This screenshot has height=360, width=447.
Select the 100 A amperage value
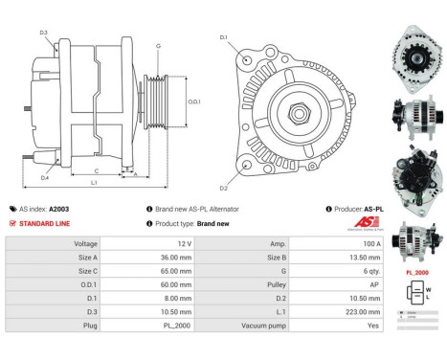[x=361, y=244]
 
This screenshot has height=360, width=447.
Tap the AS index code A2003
[x=58, y=209]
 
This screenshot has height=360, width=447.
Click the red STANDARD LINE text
[x=45, y=223]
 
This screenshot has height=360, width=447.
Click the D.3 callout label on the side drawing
[x=44, y=33]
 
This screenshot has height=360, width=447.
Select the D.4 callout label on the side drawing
[x=45, y=178]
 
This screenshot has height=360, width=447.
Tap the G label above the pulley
[x=158, y=46]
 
